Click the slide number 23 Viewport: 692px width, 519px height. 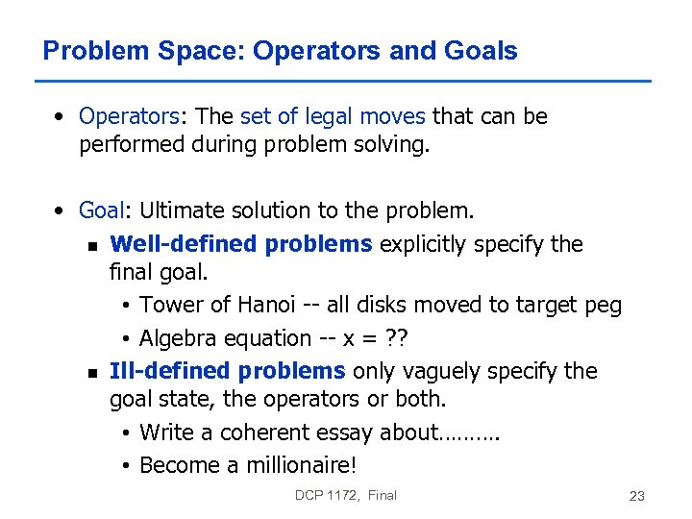click(x=636, y=496)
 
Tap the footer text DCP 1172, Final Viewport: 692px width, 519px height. click(x=346, y=495)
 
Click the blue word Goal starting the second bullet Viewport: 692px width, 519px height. click(x=101, y=210)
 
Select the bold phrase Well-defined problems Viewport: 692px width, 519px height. click(x=241, y=244)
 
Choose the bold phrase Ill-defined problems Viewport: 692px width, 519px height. click(x=228, y=371)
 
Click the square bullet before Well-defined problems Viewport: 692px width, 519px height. click(x=90, y=246)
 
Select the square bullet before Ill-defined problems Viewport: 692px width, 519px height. click(x=90, y=373)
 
